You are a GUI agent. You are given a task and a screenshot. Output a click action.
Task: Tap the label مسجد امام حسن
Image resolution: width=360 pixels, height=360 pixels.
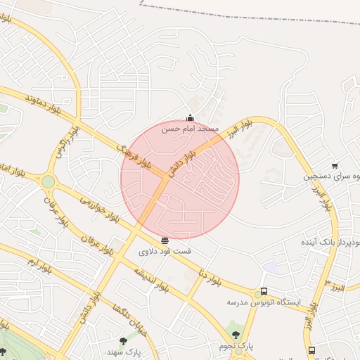(191, 129)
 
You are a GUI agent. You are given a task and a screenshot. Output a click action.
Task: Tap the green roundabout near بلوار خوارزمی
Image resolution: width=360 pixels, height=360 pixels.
(48, 182)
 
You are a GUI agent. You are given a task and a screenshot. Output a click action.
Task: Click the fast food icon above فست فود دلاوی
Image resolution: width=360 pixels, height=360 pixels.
(165, 240)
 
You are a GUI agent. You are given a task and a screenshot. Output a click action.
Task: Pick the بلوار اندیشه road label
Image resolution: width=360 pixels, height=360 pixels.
(149, 279)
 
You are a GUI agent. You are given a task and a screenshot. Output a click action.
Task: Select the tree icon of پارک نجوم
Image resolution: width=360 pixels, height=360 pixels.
(235, 335)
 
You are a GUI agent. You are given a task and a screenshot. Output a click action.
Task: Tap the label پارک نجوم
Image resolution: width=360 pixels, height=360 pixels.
(235, 347)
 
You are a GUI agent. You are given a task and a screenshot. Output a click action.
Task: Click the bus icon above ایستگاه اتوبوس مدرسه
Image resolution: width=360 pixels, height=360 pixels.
(264, 291)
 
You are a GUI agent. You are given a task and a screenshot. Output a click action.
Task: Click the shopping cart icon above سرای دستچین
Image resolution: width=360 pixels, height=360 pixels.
(335, 166)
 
